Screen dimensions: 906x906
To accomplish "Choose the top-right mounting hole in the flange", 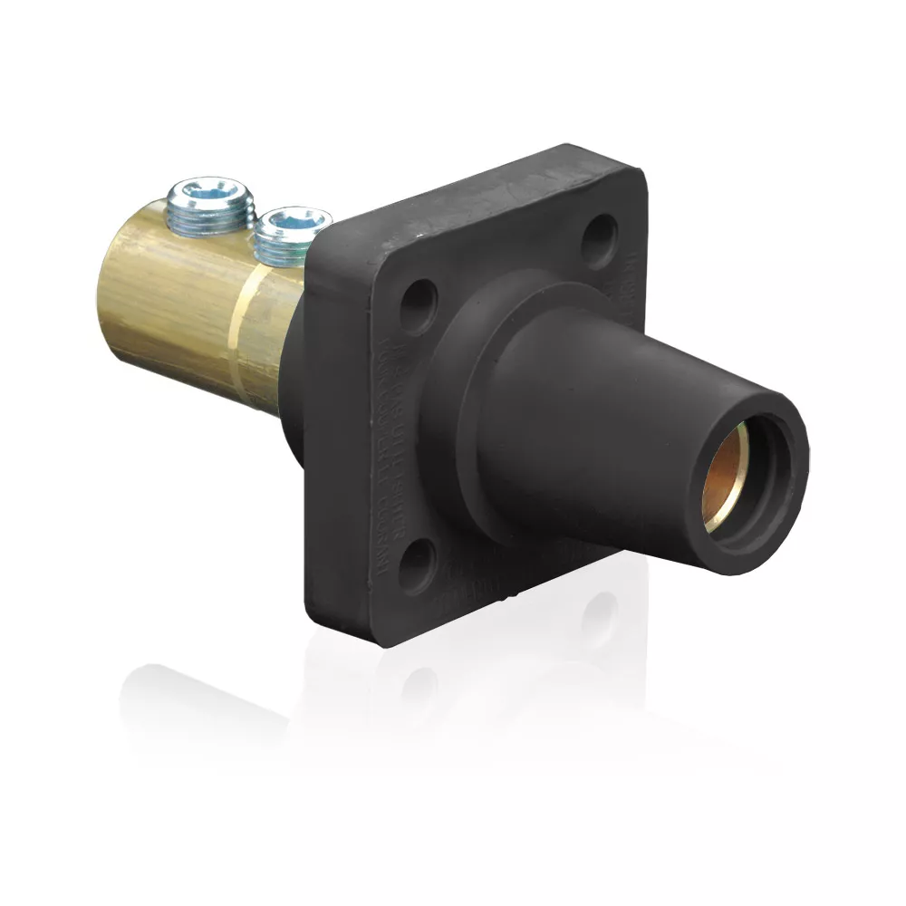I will tap(598, 238).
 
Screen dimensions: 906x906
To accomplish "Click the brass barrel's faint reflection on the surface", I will tap(208, 707).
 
